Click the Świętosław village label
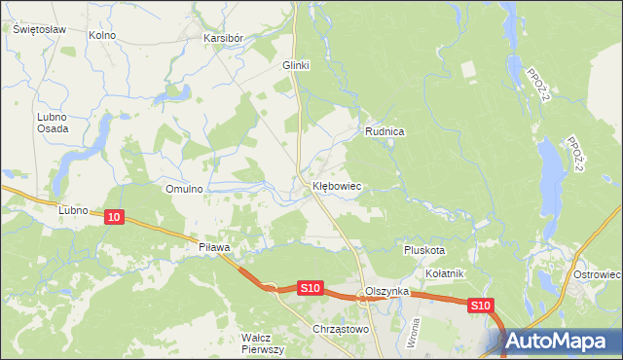point(39,29)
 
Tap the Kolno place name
point(102,35)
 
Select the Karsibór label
point(223,38)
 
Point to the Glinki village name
point(295,65)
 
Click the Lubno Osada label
point(52,123)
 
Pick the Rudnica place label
point(385,130)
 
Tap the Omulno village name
point(184,189)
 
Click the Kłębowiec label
point(338,185)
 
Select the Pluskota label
point(424,249)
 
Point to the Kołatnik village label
point(444,273)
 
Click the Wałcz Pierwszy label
point(262,342)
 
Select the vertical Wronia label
point(415,335)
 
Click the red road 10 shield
point(115,218)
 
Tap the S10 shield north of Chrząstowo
point(310,287)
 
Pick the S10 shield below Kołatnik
point(480,306)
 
